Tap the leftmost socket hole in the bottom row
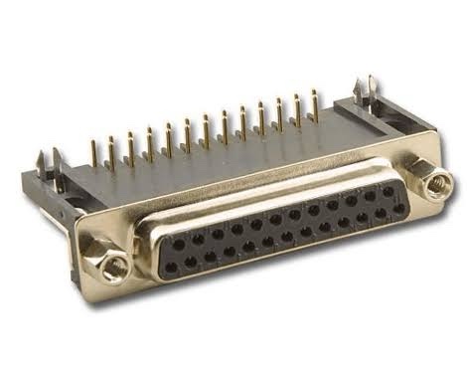pyautogui.click(x=170, y=268)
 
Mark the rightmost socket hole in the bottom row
pyautogui.click(x=397, y=209)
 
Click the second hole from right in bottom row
pyautogui.click(x=381, y=214)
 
